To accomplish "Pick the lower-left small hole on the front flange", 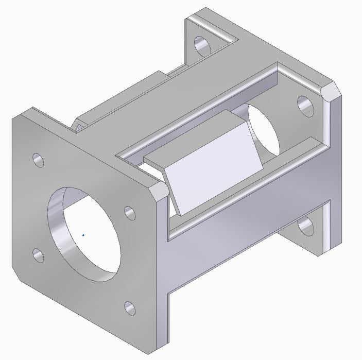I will pos(38,255).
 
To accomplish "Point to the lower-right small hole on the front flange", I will pos(130,308).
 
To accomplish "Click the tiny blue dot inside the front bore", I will pos(83,235).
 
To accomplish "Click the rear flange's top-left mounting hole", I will pos(201,45).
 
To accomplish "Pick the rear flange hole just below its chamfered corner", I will pos(306,106).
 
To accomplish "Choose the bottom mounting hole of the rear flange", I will pos(307,226).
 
